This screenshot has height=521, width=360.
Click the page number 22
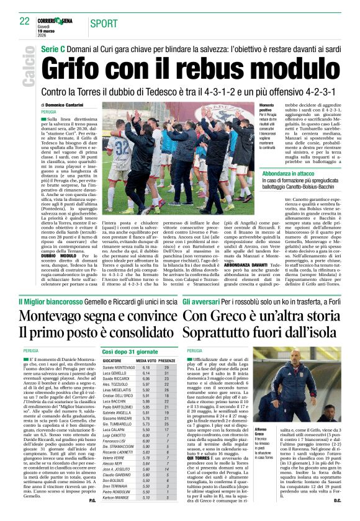[24, 21]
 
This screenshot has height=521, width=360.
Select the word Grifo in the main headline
[79, 66]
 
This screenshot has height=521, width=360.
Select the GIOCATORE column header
[112, 360]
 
